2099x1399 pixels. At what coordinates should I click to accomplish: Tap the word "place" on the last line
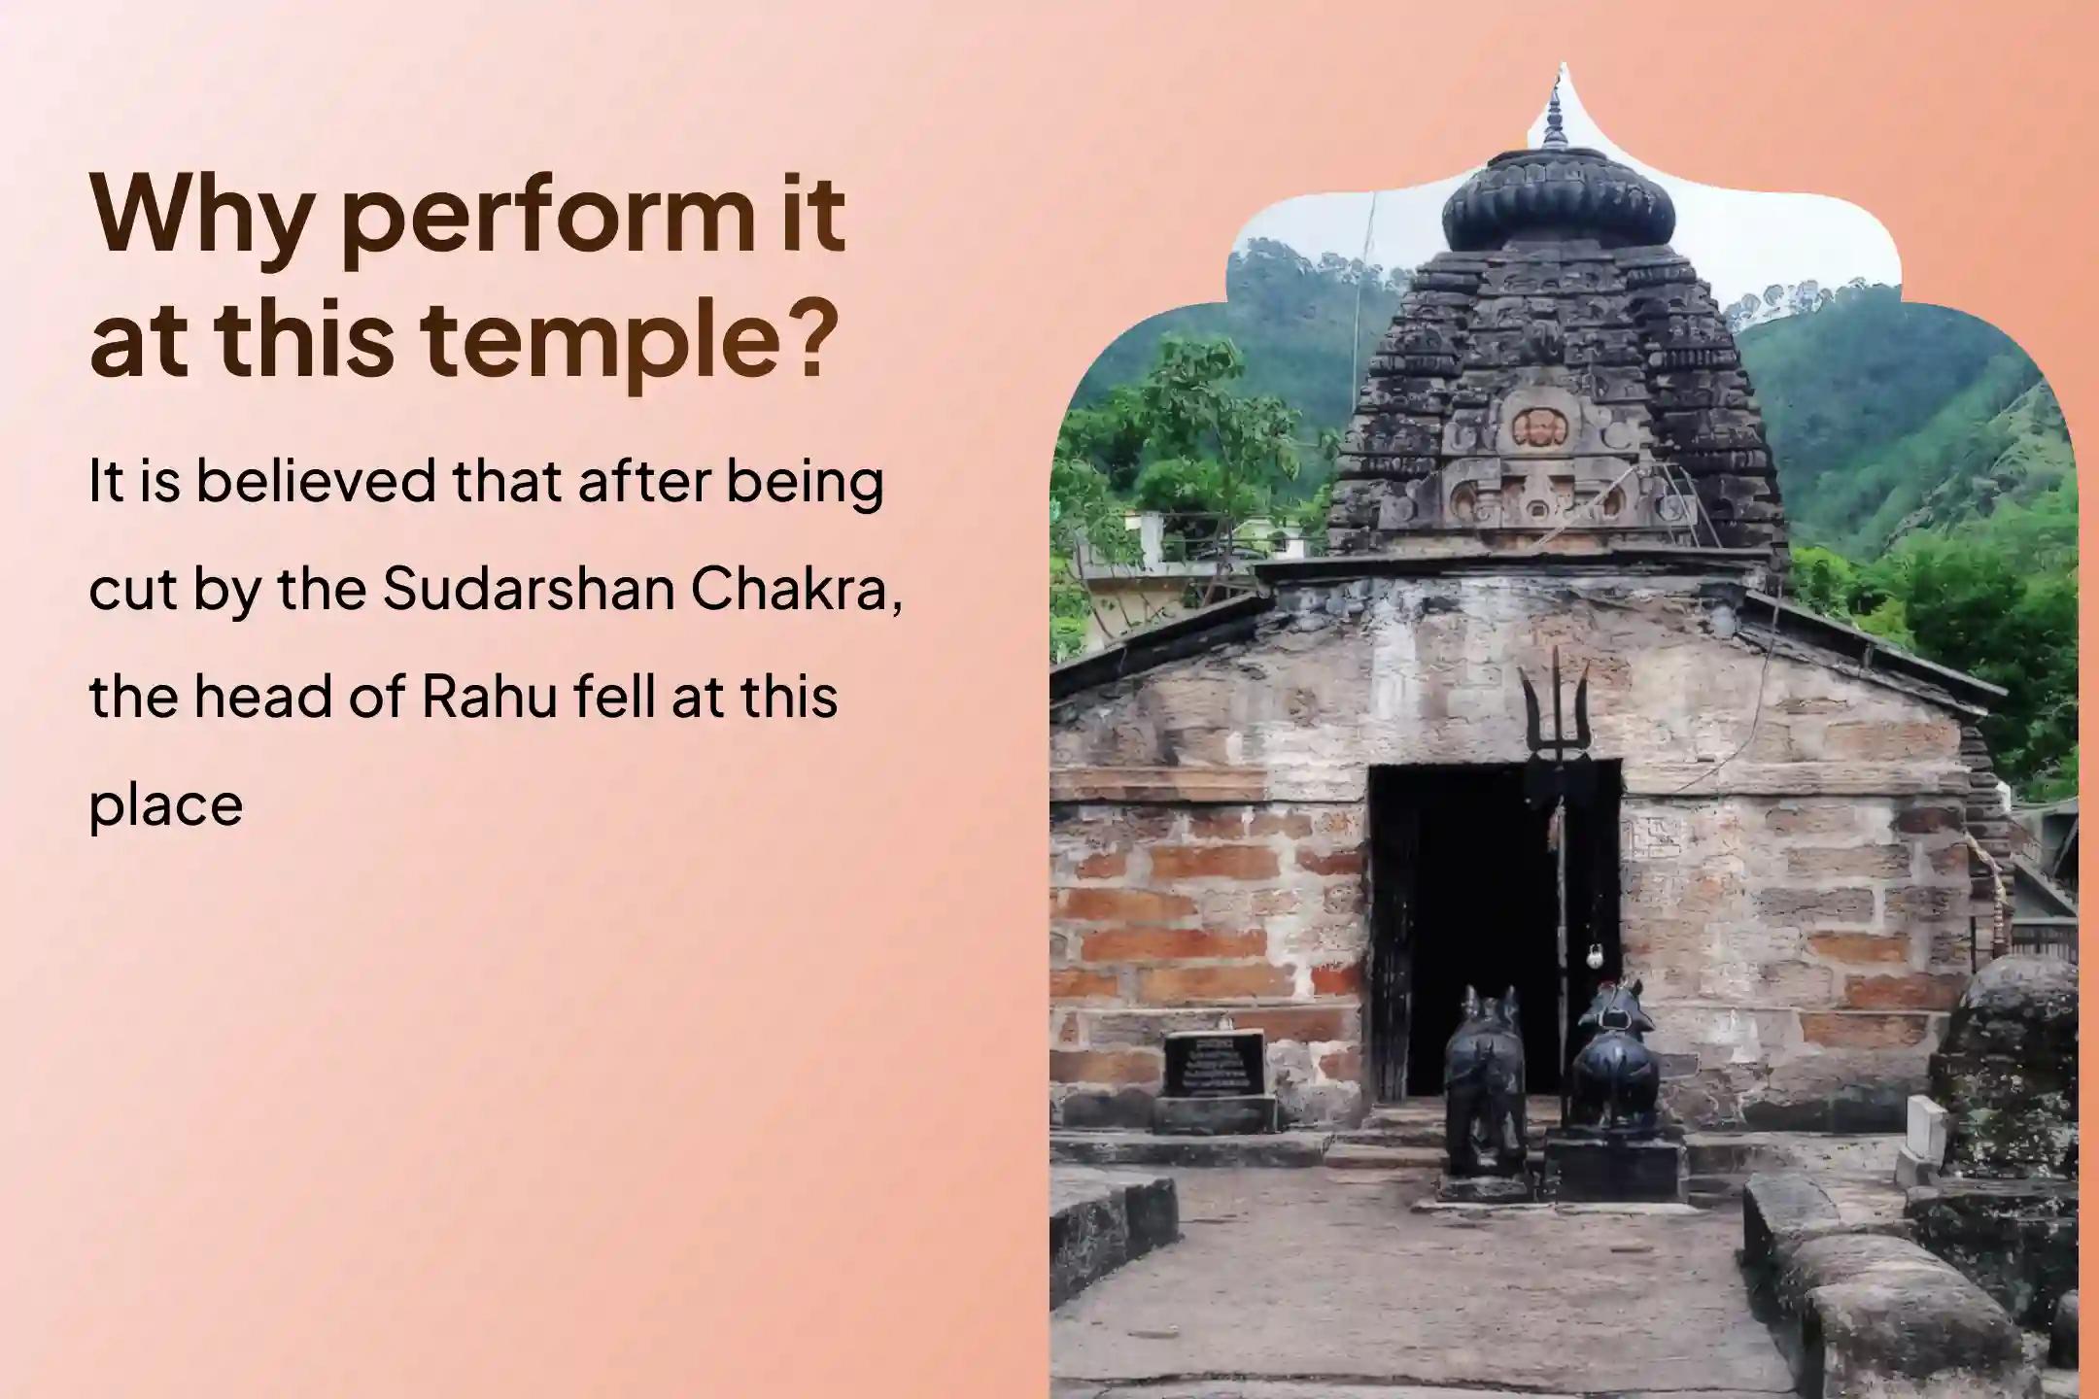(x=165, y=806)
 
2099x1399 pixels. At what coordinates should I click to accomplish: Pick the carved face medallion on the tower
(x=1536, y=427)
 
